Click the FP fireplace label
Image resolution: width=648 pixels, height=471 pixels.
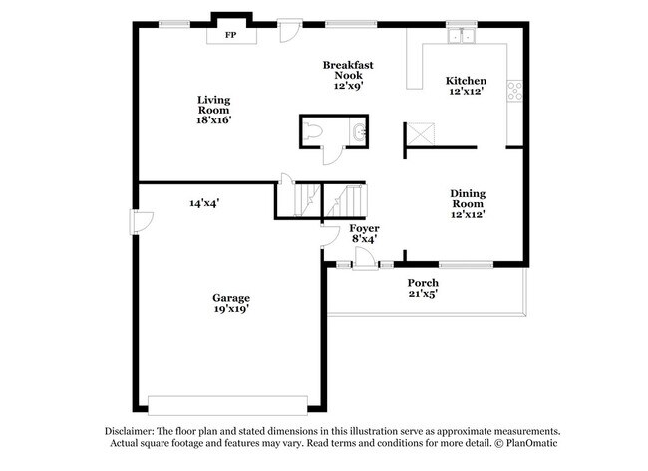click(230, 35)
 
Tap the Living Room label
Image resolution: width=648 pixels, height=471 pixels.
click(214, 100)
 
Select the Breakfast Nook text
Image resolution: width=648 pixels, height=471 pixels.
click(348, 66)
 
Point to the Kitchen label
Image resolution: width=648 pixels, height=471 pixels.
click(466, 82)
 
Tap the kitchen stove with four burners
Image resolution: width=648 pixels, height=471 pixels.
click(515, 92)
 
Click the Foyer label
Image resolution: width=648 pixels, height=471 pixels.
click(364, 229)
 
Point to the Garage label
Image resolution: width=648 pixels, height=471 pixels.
click(230, 298)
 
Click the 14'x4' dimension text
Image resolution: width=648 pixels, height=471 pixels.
click(204, 203)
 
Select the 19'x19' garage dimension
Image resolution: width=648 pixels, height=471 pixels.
click(230, 309)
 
